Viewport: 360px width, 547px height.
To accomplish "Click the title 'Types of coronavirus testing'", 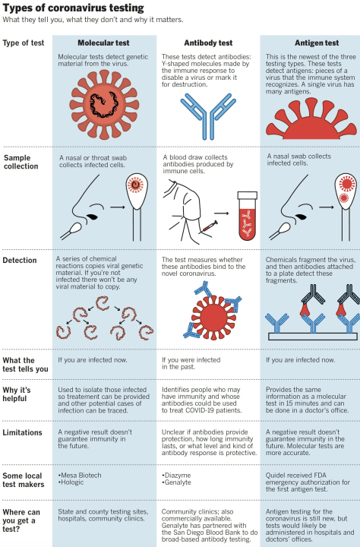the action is (x=73, y=8).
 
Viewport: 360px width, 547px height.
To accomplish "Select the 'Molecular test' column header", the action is (x=103, y=43).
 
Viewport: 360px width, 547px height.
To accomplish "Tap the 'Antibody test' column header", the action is (x=208, y=43).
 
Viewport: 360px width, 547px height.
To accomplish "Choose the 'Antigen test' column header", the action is (x=317, y=43).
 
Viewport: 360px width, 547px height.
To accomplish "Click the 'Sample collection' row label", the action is (x=21, y=162).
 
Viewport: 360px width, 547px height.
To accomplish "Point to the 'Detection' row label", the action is (x=20, y=261).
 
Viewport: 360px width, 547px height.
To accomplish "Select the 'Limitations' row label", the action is (x=22, y=432).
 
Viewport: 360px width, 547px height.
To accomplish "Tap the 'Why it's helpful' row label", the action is (x=17, y=394).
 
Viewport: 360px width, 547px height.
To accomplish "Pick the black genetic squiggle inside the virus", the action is (x=105, y=104).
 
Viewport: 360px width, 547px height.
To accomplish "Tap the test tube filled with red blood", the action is (x=248, y=216).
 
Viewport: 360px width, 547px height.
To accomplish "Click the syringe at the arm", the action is (x=210, y=226).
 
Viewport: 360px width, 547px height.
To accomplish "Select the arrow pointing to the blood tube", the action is (x=222, y=213).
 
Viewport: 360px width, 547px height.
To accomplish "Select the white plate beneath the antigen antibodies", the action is (x=313, y=337).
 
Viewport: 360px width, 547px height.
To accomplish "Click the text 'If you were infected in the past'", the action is (x=191, y=363).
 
